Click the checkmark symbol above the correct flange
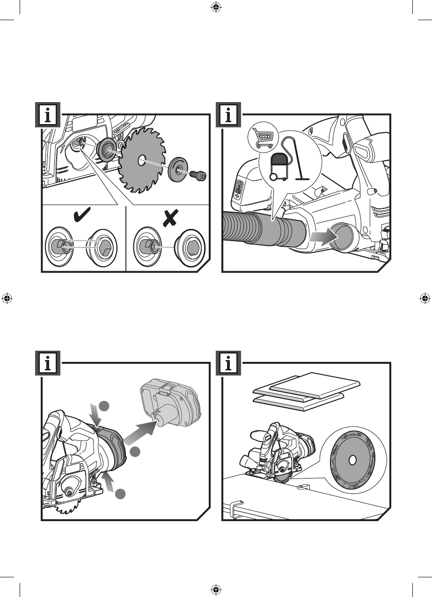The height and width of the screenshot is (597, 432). (x=82, y=214)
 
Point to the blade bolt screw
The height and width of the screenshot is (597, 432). (x=198, y=175)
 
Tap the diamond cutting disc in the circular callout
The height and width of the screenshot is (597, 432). (x=352, y=460)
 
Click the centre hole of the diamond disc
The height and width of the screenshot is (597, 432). (x=352, y=460)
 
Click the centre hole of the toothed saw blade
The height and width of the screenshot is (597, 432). (x=141, y=161)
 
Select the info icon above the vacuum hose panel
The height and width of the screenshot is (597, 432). (x=228, y=115)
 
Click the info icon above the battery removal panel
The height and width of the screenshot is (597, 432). (x=48, y=363)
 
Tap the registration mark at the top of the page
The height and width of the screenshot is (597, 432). (x=216, y=8)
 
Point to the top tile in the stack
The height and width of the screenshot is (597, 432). (x=314, y=385)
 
